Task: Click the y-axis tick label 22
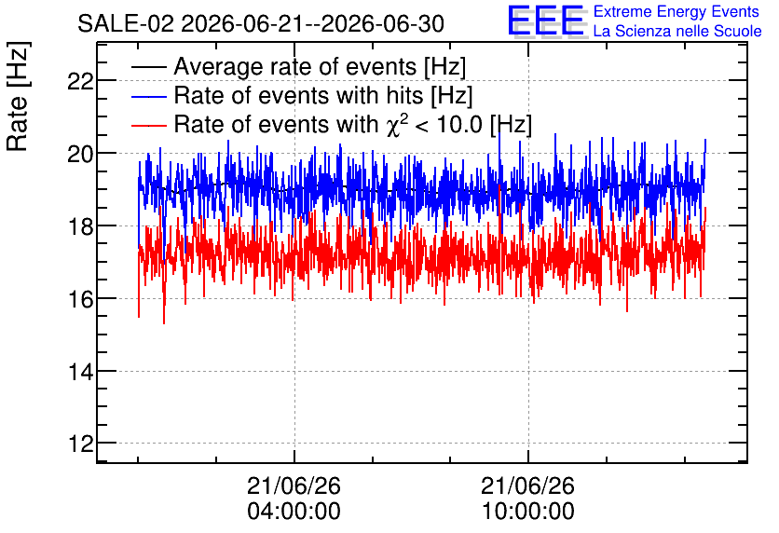pos(80,81)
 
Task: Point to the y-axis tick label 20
pos(80,154)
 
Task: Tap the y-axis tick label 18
pos(80,226)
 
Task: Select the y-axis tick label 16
pos(80,299)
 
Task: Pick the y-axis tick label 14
pos(80,372)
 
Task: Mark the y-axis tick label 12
pos(80,444)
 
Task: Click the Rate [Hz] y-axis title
pos(18,96)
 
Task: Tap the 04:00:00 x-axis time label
pos(294,512)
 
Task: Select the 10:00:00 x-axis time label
pos(528,512)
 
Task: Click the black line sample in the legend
pos(148,67)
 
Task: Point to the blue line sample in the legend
pos(148,96)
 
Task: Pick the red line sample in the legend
pos(148,125)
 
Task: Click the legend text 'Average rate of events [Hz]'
pos(320,67)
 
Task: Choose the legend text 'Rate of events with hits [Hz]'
pos(323,96)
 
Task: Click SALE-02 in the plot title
pos(126,24)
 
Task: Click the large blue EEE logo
pos(547,20)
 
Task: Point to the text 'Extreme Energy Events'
pos(676,11)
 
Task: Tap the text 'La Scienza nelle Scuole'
pos(677,31)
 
